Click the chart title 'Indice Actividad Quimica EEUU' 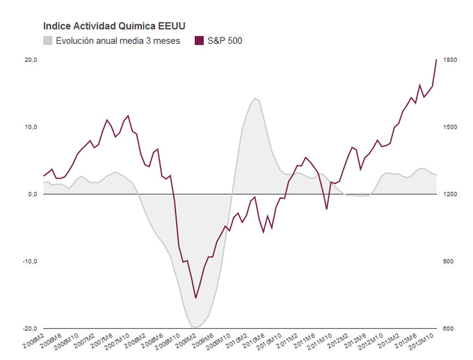(114, 26)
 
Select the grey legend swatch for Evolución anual (48, 40)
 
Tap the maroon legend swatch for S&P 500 (199, 40)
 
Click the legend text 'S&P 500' (225, 40)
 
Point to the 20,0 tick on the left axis (31, 60)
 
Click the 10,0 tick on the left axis (31, 127)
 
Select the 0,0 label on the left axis (32, 194)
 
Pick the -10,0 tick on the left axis (29, 261)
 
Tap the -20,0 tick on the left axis (29, 328)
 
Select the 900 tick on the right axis (448, 261)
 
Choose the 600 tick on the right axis (448, 328)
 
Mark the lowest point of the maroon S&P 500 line (195, 298)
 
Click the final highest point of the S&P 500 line (436, 60)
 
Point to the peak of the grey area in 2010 (255, 98)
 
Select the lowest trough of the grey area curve (195, 327)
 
